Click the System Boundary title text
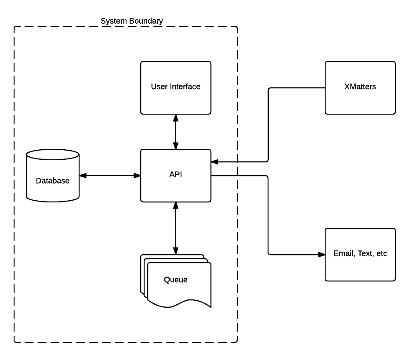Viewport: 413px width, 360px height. tap(132, 21)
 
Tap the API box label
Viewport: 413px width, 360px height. tap(175, 174)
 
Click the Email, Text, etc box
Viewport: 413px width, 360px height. tap(360, 255)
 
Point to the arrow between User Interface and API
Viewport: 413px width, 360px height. tap(176, 132)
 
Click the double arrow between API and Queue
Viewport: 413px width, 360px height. tap(176, 228)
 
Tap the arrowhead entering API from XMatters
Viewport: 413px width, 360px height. tap(214, 162)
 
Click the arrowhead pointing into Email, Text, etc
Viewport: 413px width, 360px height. tap(322, 255)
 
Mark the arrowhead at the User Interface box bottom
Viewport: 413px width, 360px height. tap(176, 118)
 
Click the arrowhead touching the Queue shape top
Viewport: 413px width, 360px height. tap(176, 252)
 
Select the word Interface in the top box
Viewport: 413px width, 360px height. tap(185, 86)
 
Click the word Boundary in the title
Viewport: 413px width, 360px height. tap(147, 21)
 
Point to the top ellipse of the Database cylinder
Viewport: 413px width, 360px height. tap(53, 155)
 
